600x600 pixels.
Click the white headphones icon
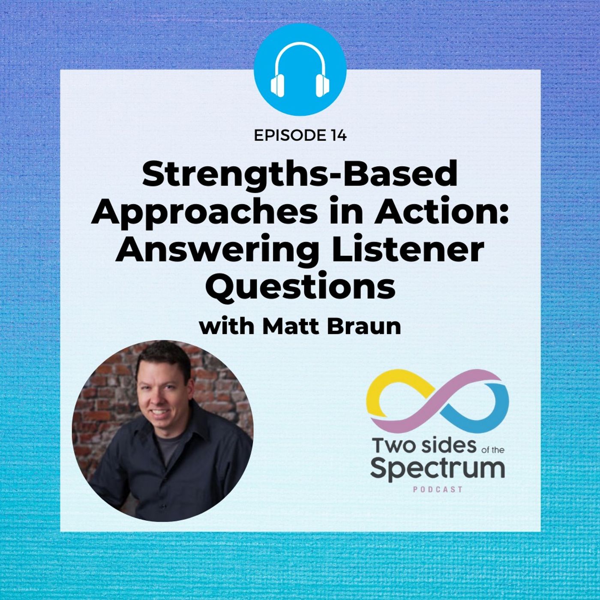300,69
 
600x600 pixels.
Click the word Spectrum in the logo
437,471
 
